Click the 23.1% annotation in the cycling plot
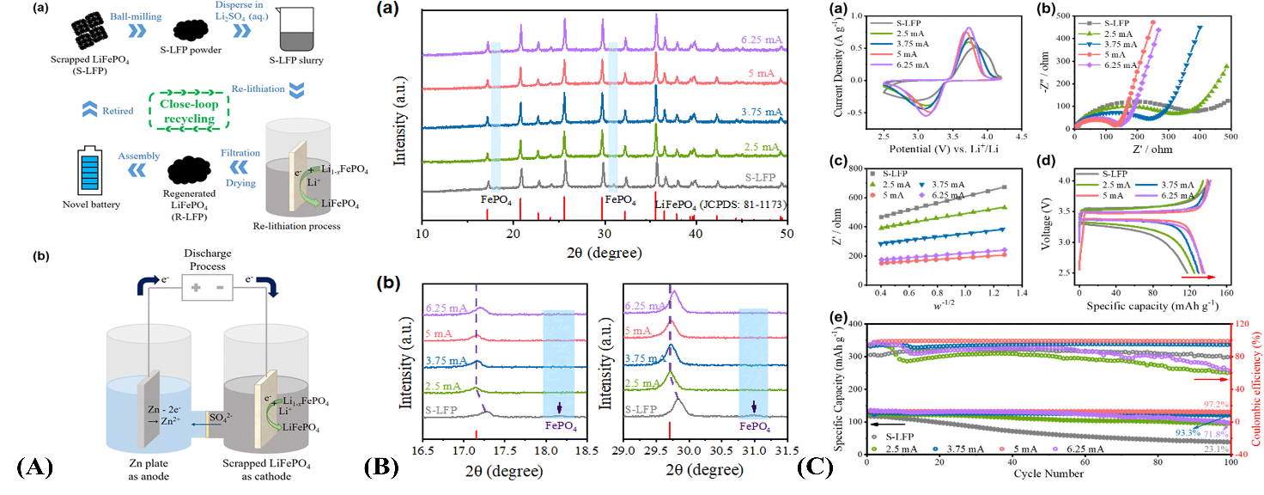(x=1214, y=448)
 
